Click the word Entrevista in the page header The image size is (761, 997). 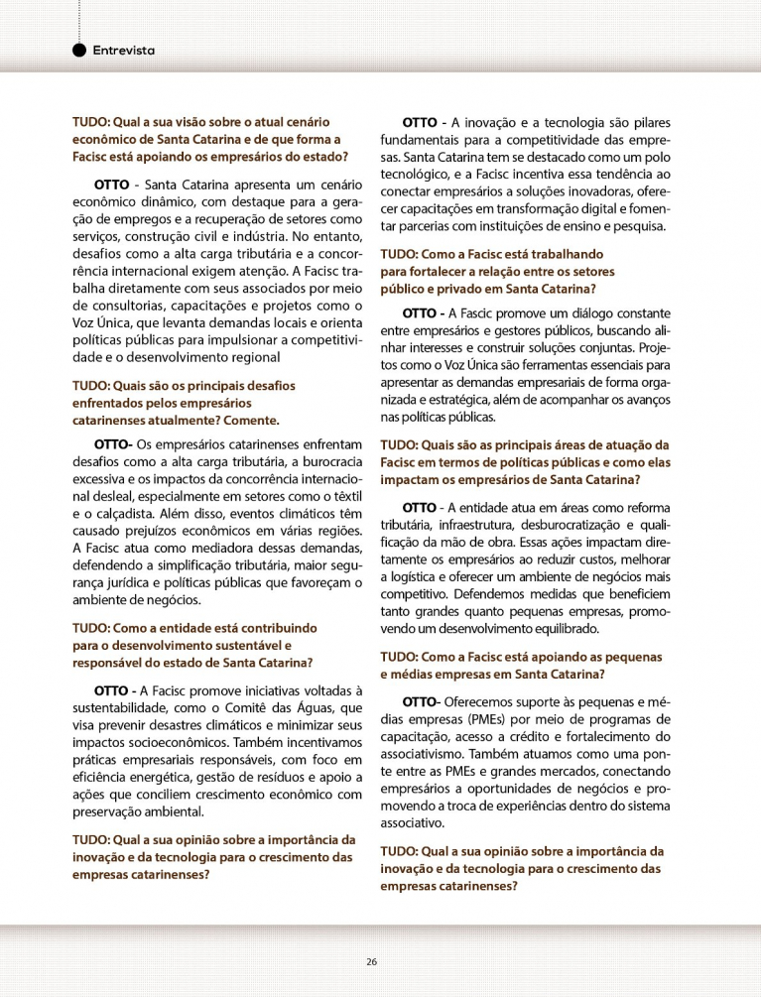(x=124, y=51)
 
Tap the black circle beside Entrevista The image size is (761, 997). (x=79, y=51)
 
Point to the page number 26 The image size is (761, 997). (x=371, y=961)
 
